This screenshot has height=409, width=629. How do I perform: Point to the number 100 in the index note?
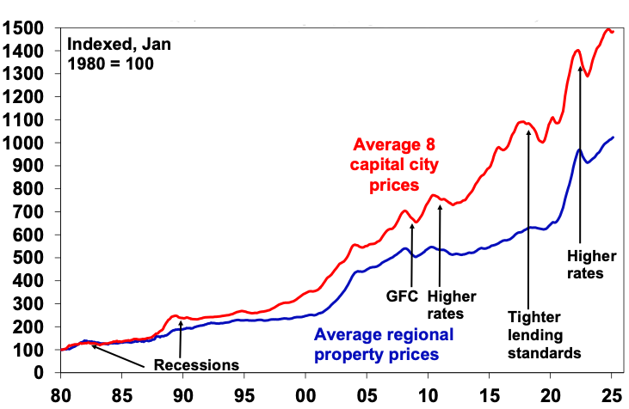click(x=139, y=64)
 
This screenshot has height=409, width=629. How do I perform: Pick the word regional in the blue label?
click(x=420, y=335)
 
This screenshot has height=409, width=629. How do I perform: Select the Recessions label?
click(x=196, y=364)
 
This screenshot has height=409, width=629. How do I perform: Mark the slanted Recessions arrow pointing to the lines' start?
click(x=116, y=351)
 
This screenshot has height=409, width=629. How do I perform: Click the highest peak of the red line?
click(x=610, y=30)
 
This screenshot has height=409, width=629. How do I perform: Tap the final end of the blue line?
click(x=613, y=137)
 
